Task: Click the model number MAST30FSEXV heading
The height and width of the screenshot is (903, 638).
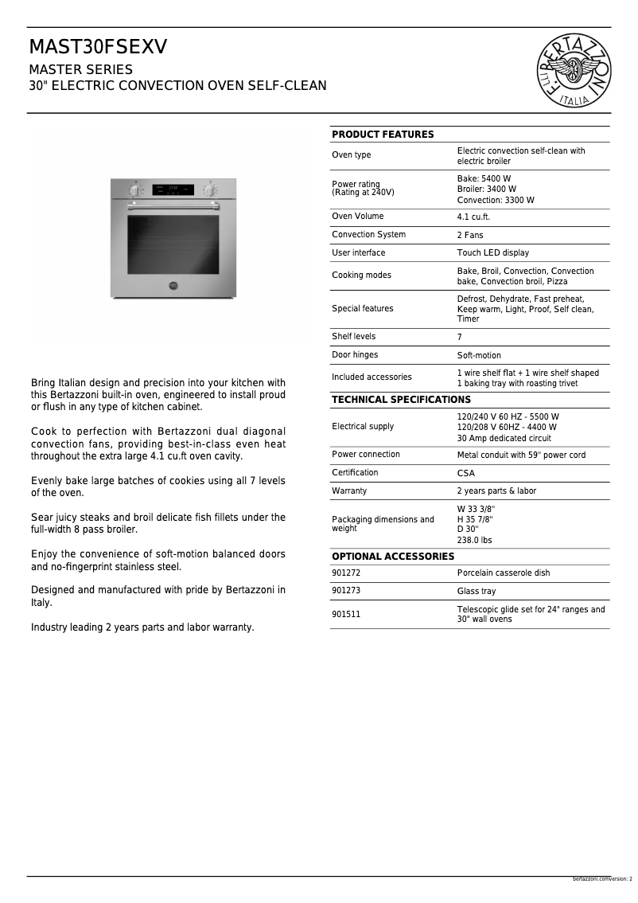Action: [99, 48]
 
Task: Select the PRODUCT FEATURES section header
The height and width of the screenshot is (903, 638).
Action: [383, 135]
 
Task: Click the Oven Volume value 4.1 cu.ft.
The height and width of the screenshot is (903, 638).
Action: [473, 217]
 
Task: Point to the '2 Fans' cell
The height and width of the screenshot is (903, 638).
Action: [470, 235]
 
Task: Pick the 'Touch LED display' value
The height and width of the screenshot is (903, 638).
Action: [492, 253]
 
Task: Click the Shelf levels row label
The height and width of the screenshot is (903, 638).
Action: [354, 337]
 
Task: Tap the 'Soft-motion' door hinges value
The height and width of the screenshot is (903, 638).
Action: [479, 355]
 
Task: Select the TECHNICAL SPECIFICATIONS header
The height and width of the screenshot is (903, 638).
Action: [401, 400]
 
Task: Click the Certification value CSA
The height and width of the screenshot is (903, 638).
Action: [465, 473]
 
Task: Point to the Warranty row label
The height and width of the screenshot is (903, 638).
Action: [349, 491]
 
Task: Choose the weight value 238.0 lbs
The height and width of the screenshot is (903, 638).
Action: [474, 540]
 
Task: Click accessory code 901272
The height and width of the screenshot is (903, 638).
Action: [346, 573]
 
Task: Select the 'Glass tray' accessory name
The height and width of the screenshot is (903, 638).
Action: [476, 592]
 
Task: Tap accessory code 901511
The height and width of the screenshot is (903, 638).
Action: [346, 615]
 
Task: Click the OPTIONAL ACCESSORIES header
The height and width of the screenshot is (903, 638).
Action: [393, 557]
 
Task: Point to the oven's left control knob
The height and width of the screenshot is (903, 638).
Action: [136, 190]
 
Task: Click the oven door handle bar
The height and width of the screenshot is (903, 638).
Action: [173, 205]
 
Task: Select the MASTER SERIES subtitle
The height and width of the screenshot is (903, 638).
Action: [81, 69]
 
